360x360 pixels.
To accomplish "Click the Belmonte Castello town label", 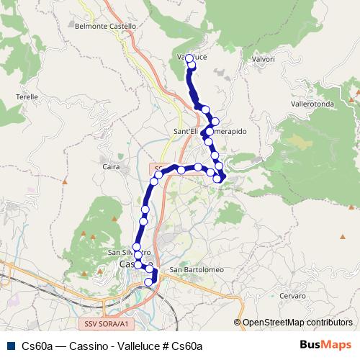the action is [105, 26].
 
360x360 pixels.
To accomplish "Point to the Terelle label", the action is [27, 96].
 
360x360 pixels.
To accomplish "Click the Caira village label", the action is [111, 166].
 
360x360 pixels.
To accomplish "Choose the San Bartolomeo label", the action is [197, 270].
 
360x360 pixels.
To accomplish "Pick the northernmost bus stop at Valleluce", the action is [191, 64].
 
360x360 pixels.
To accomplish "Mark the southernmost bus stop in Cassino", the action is [149, 282].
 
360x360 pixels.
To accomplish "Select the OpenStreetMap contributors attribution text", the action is [297, 323].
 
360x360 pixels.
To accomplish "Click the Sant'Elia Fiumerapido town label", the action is [210, 132].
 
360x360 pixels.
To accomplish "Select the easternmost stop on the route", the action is [222, 177].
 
